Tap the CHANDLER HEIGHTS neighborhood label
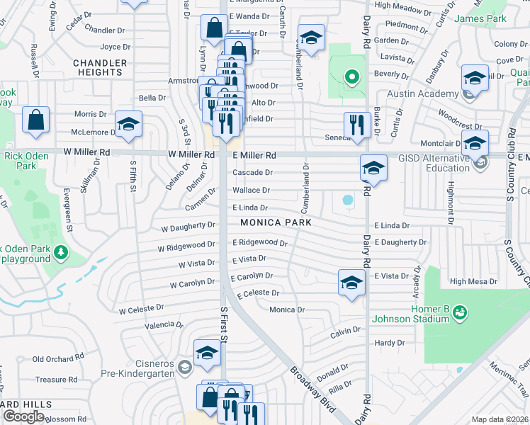click(x=100, y=67)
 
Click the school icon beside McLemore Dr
click(x=128, y=124)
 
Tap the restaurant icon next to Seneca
click(x=357, y=125)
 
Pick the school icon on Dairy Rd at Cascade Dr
click(x=373, y=168)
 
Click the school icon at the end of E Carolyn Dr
click(x=351, y=283)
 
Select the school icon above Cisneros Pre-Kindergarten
click(x=206, y=352)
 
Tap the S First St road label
click(x=224, y=326)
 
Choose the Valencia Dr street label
click(x=159, y=324)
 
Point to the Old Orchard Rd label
click(x=55, y=359)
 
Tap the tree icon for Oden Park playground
click(x=62, y=251)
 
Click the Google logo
click(x=24, y=416)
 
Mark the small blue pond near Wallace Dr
click(x=347, y=200)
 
